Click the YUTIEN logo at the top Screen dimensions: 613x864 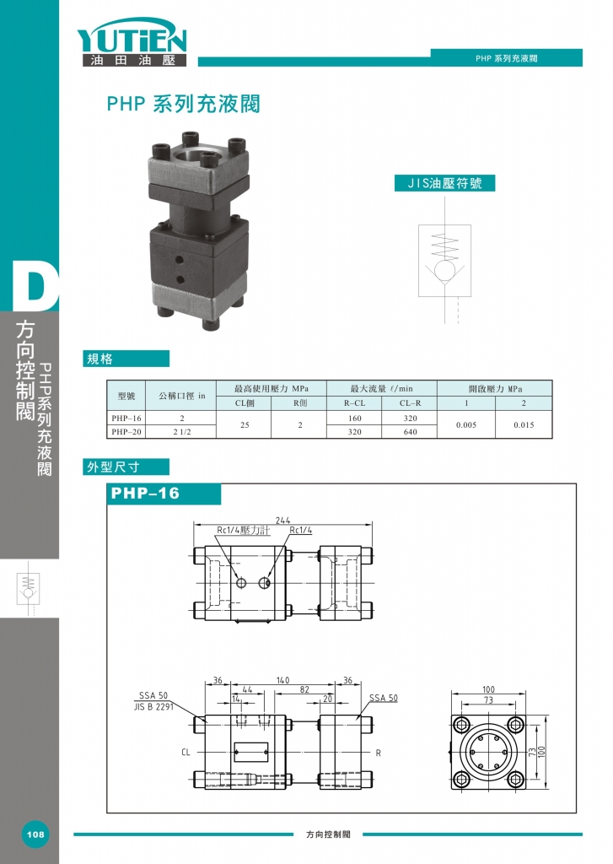pos(132,42)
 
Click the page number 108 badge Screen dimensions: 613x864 pos(35,834)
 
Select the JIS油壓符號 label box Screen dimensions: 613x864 pos(444,183)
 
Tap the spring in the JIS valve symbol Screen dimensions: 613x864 pos(444,246)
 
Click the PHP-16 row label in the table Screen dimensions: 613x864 pos(126,418)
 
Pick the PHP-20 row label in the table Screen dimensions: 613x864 pos(126,431)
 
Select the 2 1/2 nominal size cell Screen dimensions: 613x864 pos(182,431)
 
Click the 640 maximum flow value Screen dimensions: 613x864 pos(411,431)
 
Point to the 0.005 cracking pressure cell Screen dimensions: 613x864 pos(466,425)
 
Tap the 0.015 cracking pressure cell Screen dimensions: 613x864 pos(524,425)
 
